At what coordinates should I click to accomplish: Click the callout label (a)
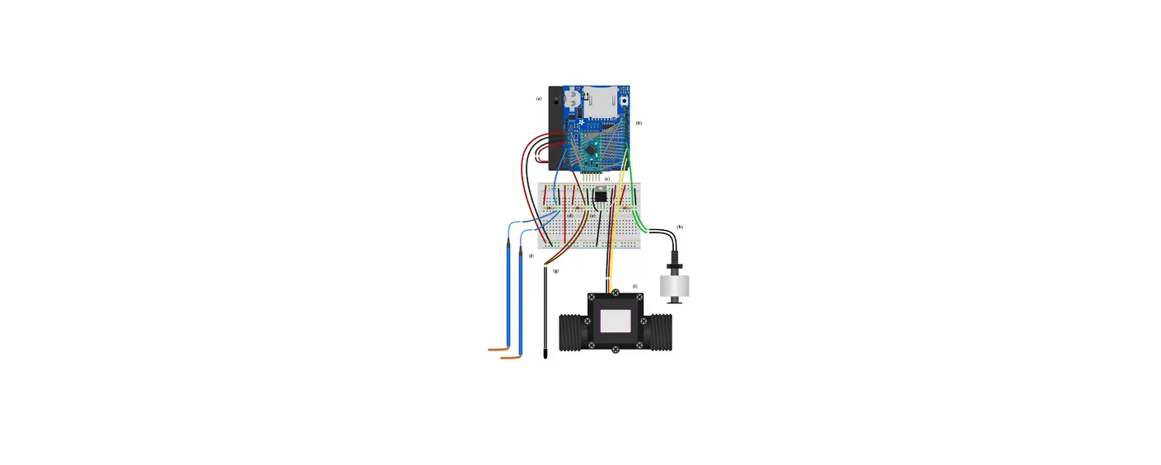(539, 99)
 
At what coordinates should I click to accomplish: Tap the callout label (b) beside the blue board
(639, 123)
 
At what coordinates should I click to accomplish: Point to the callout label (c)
(607, 179)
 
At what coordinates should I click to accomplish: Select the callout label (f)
(531, 256)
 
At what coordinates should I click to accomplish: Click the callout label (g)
(555, 270)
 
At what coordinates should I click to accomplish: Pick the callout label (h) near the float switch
(680, 227)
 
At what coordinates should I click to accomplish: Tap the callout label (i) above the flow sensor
(634, 287)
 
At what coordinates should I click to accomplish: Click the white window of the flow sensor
(616, 321)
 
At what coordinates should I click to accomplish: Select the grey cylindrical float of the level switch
(675, 287)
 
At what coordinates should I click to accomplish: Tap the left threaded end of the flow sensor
(572, 331)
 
